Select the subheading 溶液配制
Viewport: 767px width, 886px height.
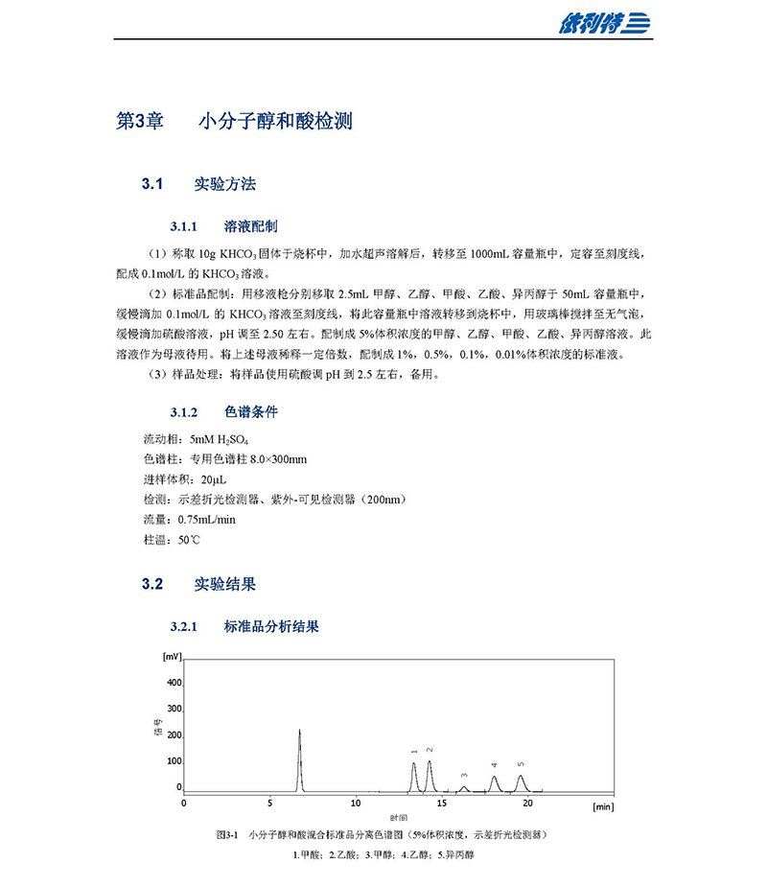[251, 227]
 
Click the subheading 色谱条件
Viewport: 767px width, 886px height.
[251, 412]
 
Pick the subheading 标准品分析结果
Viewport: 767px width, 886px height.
[271, 628]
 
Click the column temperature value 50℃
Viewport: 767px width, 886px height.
[189, 541]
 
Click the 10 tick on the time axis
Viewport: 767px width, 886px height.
[356, 803]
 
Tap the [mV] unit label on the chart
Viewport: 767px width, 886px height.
[172, 657]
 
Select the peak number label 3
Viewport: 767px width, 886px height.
[464, 775]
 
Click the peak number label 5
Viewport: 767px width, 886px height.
[521, 764]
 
